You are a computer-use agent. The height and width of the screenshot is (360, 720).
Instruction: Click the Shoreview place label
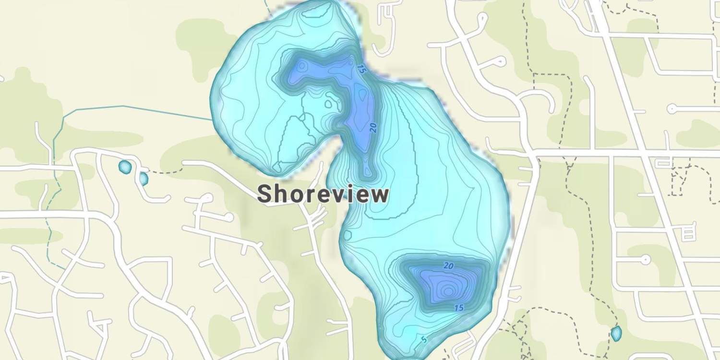pos(323,194)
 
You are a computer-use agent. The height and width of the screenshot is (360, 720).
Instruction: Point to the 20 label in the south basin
pos(449,265)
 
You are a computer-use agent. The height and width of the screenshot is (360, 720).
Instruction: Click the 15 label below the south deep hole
pos(458,308)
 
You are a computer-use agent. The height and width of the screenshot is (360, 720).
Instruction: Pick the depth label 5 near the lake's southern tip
pos(423,340)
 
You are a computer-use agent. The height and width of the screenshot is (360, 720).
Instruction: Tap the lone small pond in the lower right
pos(616,333)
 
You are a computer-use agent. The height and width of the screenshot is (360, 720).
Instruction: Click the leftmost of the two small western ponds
pos(124,167)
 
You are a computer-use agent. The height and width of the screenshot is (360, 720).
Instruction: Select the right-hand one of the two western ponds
pos(143,179)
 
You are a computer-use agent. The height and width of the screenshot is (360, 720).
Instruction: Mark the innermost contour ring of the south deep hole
pos(448,290)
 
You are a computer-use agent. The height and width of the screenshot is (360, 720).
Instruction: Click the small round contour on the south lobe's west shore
pos(348,235)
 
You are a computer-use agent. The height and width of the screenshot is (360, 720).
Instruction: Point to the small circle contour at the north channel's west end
pos(301,67)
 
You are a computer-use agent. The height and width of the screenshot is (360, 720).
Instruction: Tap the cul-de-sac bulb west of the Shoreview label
pos(207,197)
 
